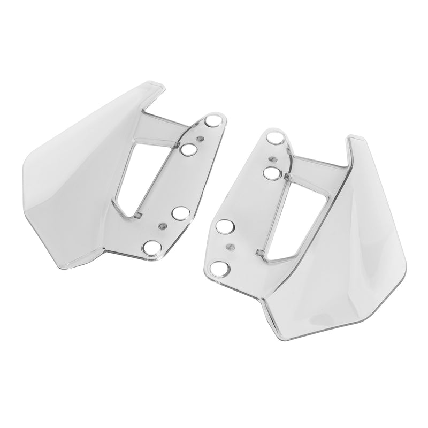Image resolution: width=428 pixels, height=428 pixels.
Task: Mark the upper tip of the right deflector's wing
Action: point(353,139)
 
